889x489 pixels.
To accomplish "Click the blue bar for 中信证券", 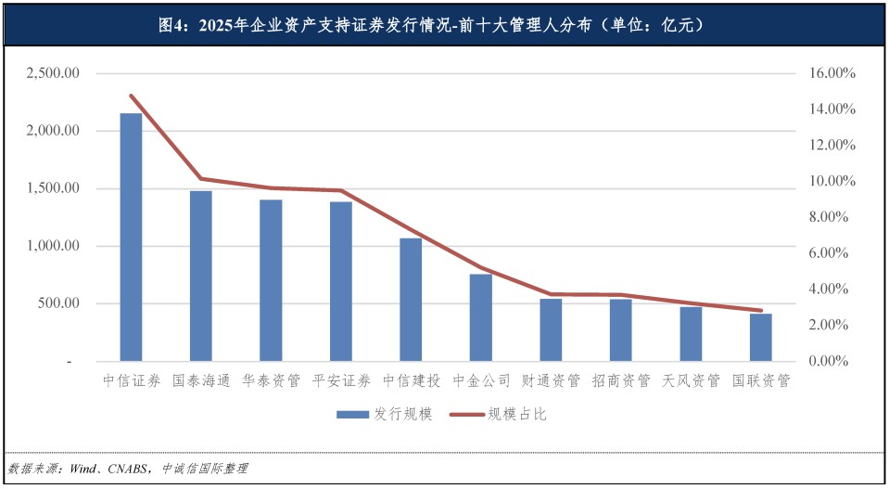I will pos(131,237).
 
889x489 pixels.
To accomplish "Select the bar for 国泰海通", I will pos(201,276).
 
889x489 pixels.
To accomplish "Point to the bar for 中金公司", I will pos(480,317).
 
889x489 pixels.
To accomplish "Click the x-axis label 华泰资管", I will pos(271,380).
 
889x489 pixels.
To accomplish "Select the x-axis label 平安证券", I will pos(341,380).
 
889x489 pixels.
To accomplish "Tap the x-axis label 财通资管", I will pos(551,380).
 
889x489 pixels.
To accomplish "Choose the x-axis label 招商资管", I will pos(620,380).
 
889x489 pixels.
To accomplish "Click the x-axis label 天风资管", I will pos(691,380).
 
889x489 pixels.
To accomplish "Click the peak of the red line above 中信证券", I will pos(131,96).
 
